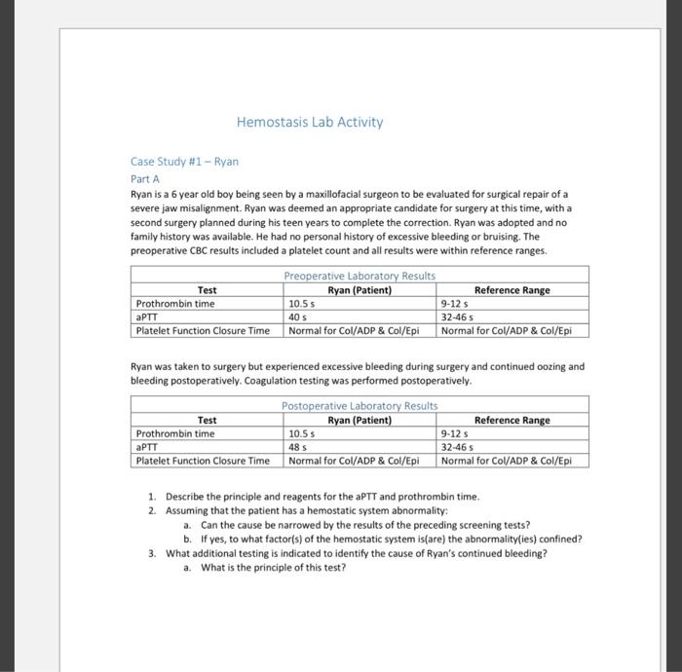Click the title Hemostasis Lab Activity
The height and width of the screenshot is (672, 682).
[x=310, y=123]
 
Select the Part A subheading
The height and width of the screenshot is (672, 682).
[x=144, y=179]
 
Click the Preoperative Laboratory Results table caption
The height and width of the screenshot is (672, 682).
[x=359, y=277]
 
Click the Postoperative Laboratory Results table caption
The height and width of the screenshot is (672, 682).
[x=359, y=406]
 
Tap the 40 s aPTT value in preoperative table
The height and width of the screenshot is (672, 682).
[x=298, y=317]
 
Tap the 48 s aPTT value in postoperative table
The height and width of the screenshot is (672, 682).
[x=298, y=446]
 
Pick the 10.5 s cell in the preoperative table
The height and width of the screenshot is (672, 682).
[x=303, y=303]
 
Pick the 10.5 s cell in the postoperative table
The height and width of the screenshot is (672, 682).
[x=303, y=432]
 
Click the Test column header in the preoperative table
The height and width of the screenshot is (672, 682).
[x=207, y=290]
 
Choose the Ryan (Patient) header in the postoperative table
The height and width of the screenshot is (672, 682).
[x=360, y=420]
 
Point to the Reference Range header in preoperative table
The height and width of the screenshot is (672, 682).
[x=511, y=290]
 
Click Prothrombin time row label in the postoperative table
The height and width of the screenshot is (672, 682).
[x=175, y=432]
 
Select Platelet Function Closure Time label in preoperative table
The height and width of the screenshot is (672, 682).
[x=203, y=330]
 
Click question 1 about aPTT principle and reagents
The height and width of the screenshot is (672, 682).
[x=322, y=497]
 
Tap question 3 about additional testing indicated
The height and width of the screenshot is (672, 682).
[x=356, y=553]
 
